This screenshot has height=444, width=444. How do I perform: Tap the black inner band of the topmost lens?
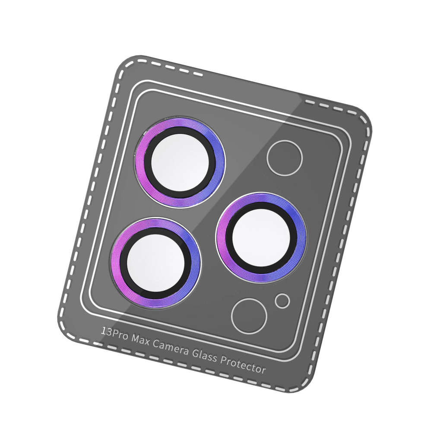[x=148, y=163]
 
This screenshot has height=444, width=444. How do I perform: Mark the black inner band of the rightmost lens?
[x=229, y=238]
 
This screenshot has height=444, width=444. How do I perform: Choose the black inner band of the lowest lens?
[x=123, y=264]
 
